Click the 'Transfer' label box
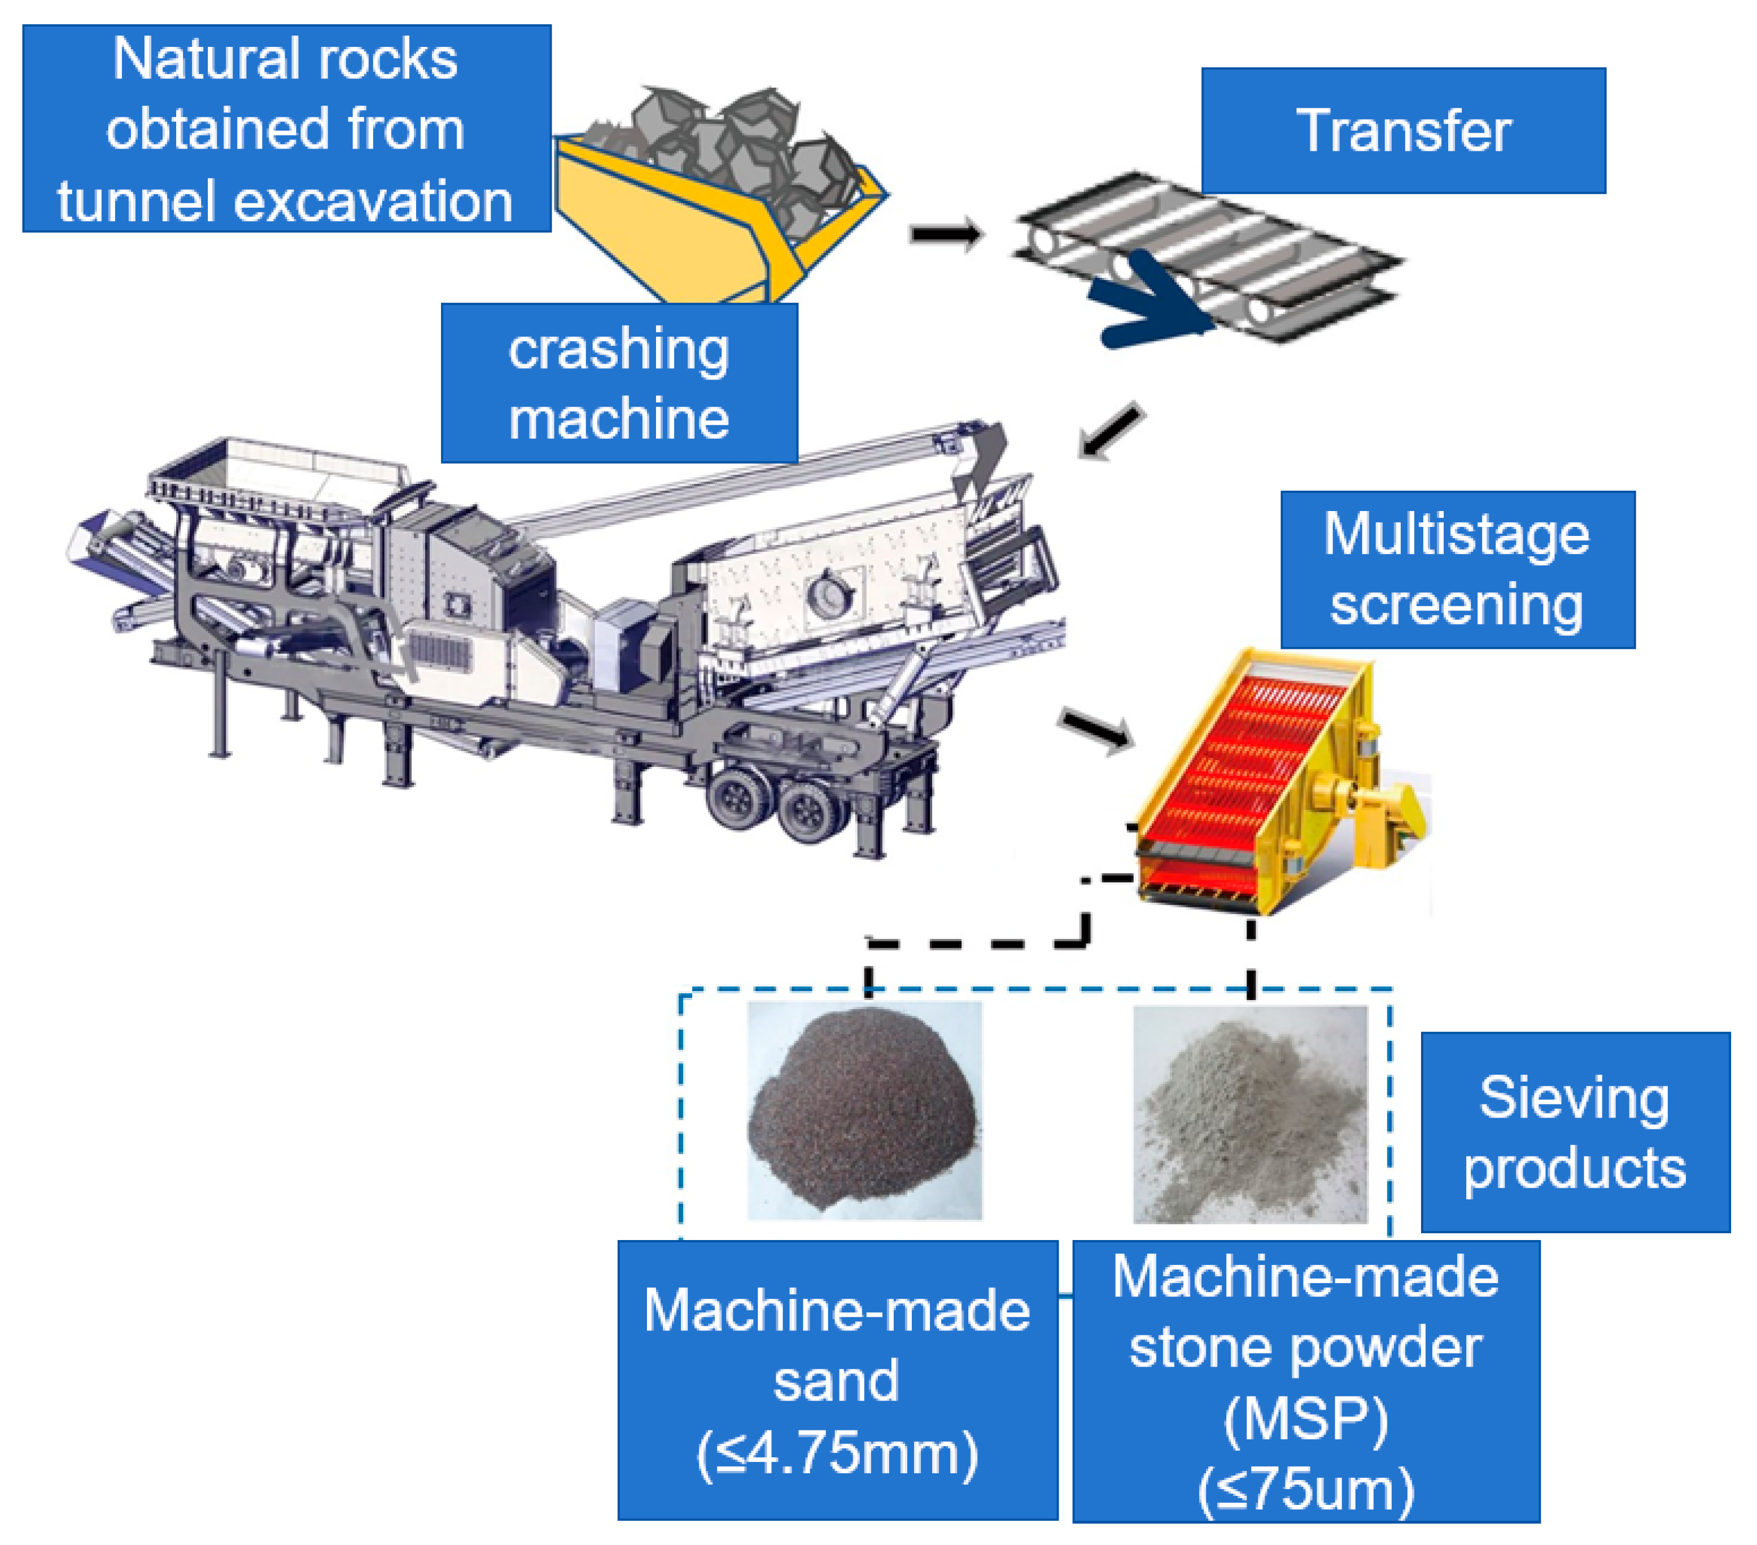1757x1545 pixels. [x=1403, y=130]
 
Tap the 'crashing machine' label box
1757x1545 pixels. [x=619, y=383]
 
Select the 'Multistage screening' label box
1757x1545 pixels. [x=1457, y=569]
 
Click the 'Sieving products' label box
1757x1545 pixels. [x=1575, y=1132]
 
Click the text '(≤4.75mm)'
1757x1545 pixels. [x=837, y=1453]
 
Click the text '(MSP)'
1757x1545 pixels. [x=1306, y=1419]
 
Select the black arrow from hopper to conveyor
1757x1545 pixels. [x=946, y=234]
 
